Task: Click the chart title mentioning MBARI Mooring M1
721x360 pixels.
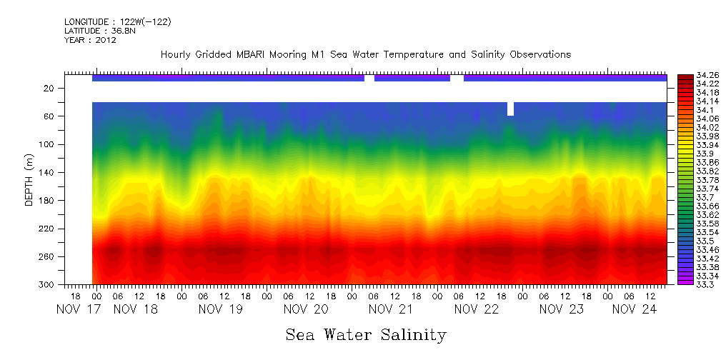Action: (x=365, y=55)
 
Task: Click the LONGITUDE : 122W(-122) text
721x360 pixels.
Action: (x=117, y=22)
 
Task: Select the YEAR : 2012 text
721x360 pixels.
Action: (x=90, y=40)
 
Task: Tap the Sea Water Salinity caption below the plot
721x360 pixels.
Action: (x=366, y=334)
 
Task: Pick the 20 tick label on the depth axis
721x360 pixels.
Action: (x=51, y=88)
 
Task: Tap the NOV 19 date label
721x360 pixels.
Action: (x=221, y=309)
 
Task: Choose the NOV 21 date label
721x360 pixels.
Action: (x=391, y=309)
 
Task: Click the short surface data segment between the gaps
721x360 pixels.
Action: (x=412, y=78)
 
